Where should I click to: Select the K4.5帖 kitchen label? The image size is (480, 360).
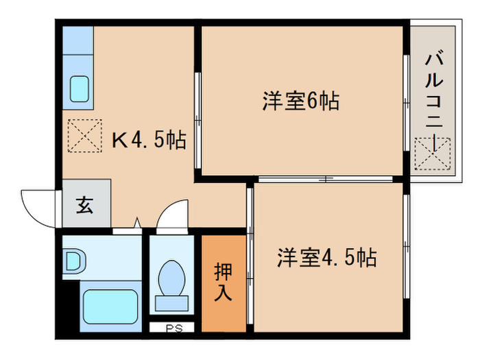point(149,141)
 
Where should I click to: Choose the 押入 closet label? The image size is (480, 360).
point(224,282)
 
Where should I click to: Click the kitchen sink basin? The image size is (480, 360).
point(80,89)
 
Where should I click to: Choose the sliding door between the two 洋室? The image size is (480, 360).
point(322,180)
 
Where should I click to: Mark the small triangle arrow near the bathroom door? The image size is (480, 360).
point(137,223)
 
